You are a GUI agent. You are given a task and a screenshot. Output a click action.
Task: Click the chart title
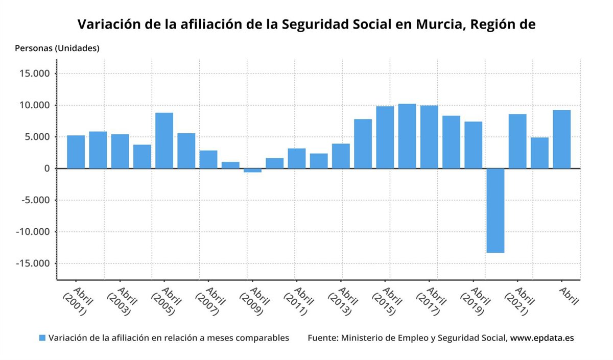(x=306, y=24)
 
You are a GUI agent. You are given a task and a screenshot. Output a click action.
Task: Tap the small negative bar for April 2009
(x=252, y=171)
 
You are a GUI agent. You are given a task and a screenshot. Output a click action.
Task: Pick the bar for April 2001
(x=76, y=152)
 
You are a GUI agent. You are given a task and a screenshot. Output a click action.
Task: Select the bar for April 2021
(x=517, y=141)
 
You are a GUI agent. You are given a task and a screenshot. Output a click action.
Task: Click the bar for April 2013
(x=341, y=156)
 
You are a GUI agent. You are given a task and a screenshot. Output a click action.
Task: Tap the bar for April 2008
(x=230, y=165)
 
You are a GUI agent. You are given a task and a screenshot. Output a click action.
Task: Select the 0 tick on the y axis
(x=46, y=169)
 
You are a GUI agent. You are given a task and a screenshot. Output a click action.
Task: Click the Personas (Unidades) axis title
(x=57, y=49)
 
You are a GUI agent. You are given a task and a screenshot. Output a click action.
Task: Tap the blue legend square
(x=42, y=338)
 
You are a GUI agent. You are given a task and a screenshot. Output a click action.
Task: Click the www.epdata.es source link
(x=542, y=338)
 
